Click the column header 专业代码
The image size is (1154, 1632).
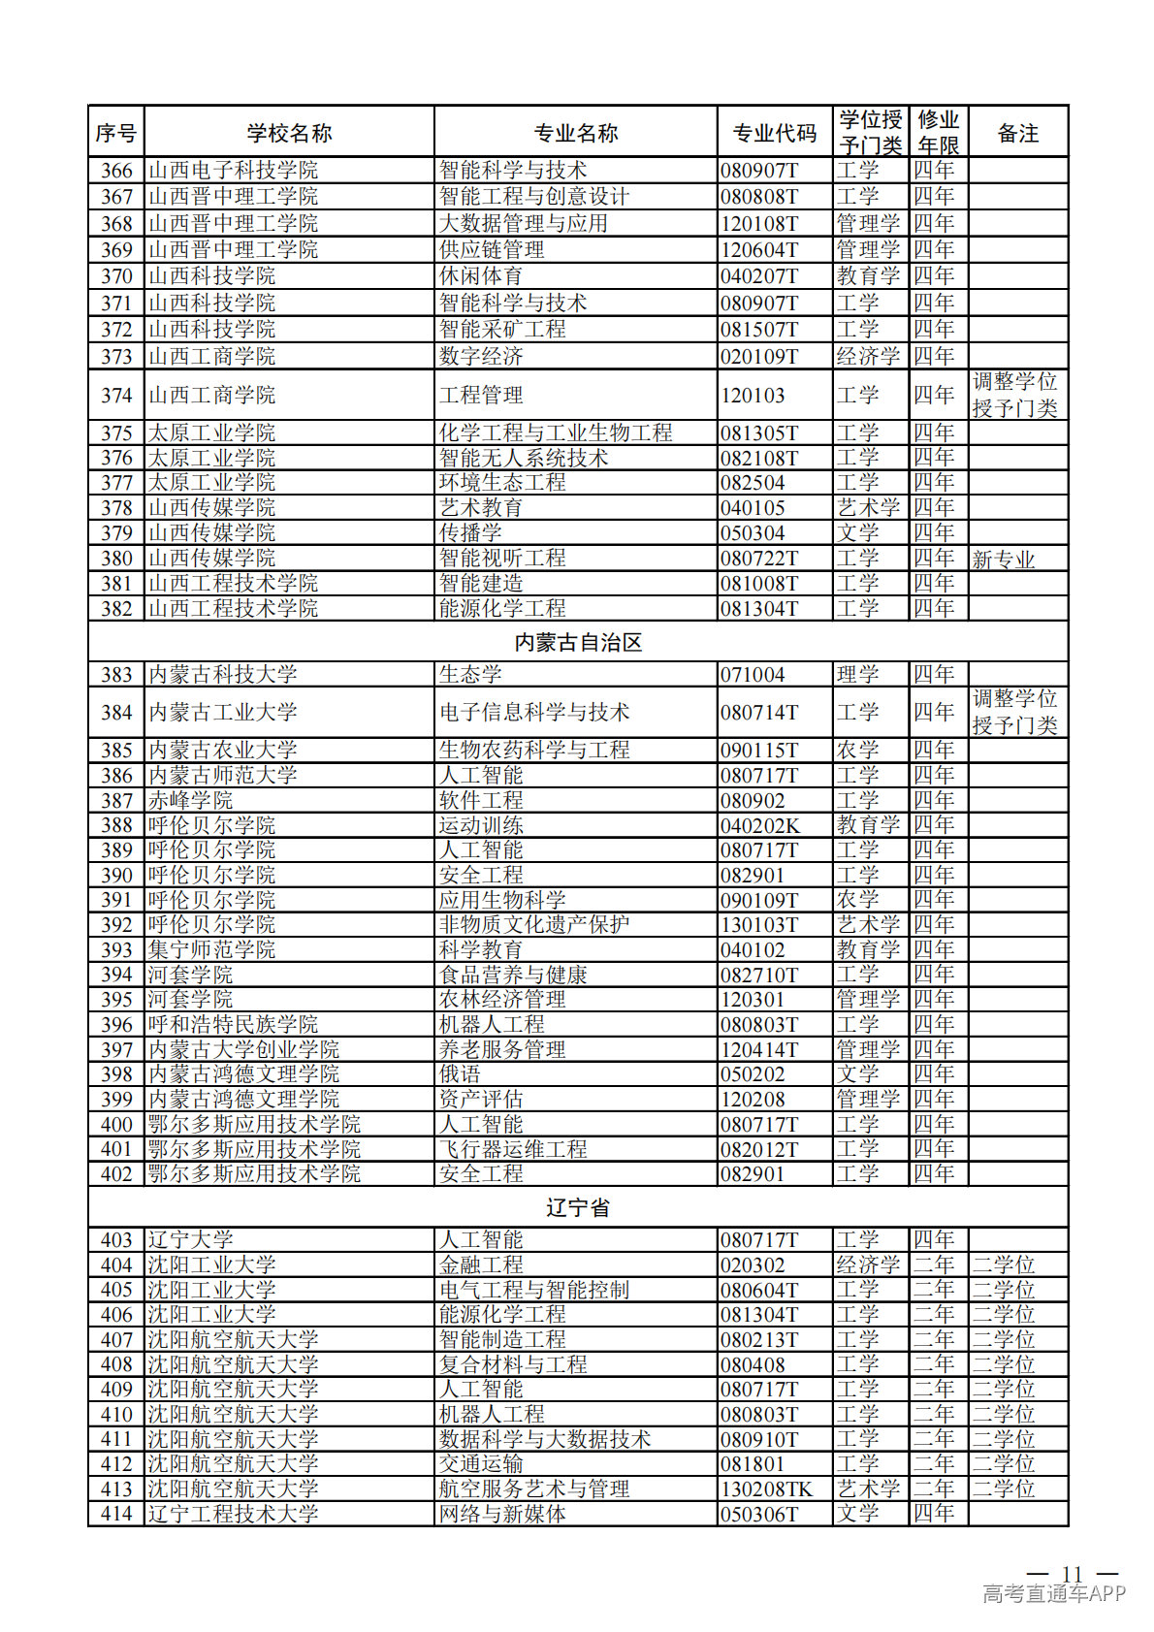click(774, 133)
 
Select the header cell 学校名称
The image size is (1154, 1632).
click(289, 133)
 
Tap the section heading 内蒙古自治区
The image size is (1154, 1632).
click(578, 642)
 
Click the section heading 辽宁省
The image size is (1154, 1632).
click(578, 1207)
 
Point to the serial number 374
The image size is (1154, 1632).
click(116, 395)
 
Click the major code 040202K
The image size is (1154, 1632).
click(760, 825)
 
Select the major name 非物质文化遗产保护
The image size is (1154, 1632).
click(534, 925)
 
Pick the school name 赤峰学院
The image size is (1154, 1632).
click(190, 800)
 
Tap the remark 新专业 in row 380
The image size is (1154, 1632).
click(1004, 560)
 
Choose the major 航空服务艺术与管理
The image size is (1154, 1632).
click(534, 1488)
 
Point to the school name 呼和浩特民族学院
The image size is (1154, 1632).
click(233, 1025)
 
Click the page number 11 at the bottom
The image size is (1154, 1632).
click(1072, 1573)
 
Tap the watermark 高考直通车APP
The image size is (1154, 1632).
click(1054, 1593)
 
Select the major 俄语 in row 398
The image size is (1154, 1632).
click(460, 1074)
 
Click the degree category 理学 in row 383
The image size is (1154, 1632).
click(857, 674)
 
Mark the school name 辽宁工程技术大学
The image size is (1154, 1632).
click(233, 1514)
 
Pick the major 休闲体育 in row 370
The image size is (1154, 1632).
click(481, 276)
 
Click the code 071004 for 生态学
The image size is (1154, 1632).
click(753, 674)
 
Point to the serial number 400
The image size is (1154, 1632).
click(116, 1124)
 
